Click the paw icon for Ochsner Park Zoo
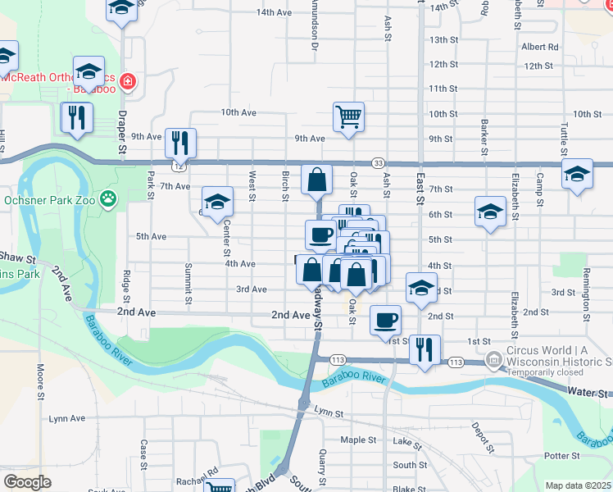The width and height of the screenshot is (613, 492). click(x=108, y=198)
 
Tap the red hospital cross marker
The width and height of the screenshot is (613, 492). click(x=128, y=81)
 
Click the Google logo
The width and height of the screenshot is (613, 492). click(x=27, y=482)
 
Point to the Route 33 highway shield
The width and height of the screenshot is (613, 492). click(x=378, y=163)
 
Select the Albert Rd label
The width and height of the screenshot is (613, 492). click(x=538, y=47)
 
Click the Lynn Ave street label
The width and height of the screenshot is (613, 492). click(x=66, y=418)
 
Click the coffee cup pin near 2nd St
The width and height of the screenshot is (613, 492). click(x=385, y=320)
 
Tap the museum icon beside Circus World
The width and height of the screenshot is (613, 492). click(x=493, y=359)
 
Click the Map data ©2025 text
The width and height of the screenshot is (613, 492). click(x=578, y=485)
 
